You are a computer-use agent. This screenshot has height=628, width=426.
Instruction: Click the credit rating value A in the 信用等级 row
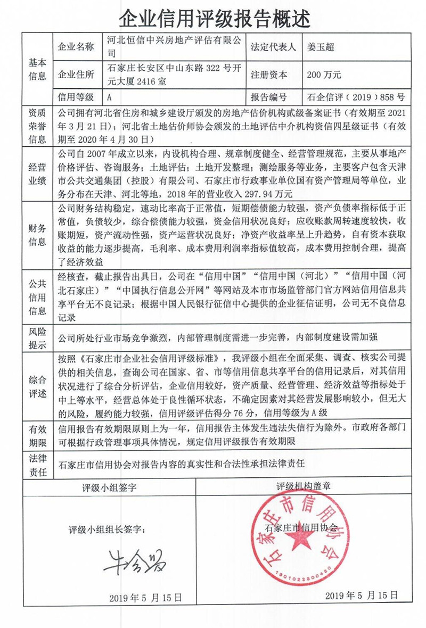(109, 97)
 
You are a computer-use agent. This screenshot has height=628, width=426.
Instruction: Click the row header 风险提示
(37, 337)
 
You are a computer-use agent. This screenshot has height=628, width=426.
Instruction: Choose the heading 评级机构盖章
(304, 486)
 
